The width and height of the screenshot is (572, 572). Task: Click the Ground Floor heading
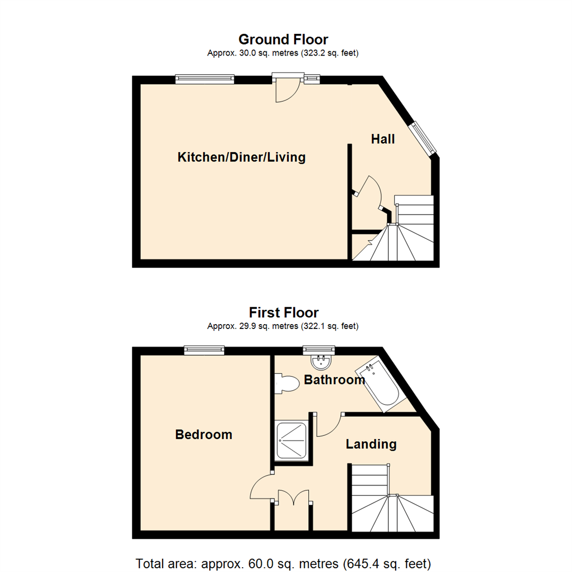[283, 39]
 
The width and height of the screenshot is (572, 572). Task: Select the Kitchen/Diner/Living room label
[242, 157]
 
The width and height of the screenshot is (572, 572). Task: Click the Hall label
[382, 139]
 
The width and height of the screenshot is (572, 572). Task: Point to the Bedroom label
[204, 435]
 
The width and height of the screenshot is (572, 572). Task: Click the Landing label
[371, 444]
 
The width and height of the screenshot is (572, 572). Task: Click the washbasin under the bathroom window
[320, 363]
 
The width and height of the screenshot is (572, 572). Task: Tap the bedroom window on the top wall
[204, 350]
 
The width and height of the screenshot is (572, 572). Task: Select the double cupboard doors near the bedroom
[293, 498]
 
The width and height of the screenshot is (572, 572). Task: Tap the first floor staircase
[392, 501]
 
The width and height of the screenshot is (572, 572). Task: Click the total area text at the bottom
[283, 562]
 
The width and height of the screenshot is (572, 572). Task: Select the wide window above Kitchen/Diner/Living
[204, 79]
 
